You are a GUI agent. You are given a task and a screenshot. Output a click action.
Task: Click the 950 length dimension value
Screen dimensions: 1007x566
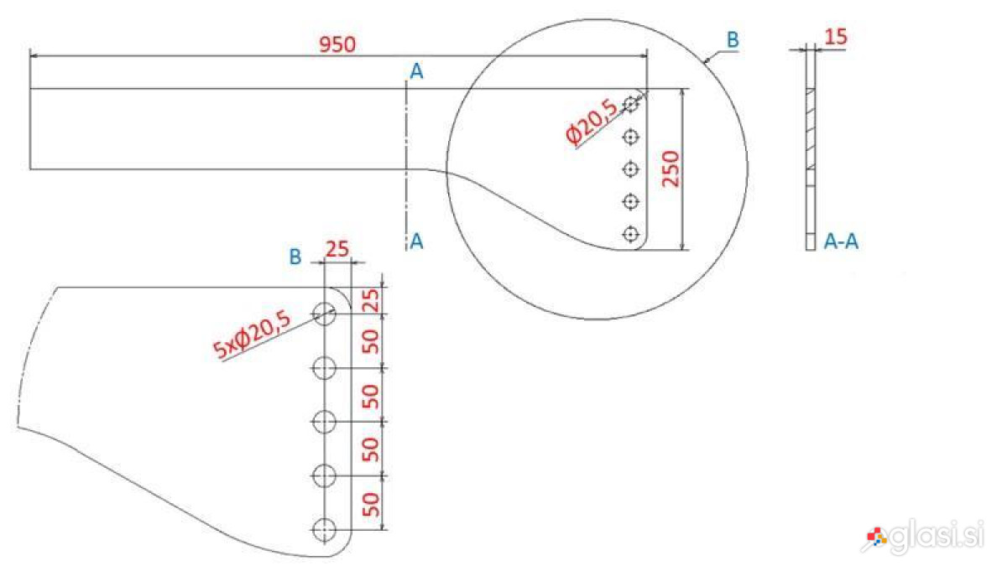(x=337, y=44)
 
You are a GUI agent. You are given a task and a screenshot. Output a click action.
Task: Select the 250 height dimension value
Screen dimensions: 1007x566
(x=670, y=169)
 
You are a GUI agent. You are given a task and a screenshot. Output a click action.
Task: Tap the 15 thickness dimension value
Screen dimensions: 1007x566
(x=836, y=36)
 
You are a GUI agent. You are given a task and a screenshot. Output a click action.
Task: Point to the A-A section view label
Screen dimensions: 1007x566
(x=841, y=241)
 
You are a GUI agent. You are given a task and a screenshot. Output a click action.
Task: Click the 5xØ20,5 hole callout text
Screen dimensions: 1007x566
(x=252, y=335)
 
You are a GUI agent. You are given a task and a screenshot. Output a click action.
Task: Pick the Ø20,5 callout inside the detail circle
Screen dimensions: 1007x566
(x=592, y=122)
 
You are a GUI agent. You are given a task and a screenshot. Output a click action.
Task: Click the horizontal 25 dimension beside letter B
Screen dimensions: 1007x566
(x=337, y=249)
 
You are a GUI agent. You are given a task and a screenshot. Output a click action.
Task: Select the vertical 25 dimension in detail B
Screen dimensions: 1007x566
(x=371, y=300)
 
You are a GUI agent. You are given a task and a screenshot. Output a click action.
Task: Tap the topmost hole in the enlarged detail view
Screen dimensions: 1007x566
(x=324, y=314)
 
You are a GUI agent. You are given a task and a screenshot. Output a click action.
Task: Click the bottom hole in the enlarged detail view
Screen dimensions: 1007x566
(x=324, y=530)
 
